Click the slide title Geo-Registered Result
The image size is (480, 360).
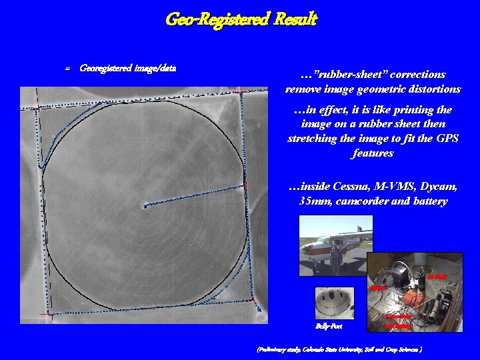point(241,19)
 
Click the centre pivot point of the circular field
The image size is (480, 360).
point(145,207)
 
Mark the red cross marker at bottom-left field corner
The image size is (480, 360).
point(47,313)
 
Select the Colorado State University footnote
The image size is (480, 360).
point(339,349)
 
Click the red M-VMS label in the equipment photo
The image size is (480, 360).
point(437,275)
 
